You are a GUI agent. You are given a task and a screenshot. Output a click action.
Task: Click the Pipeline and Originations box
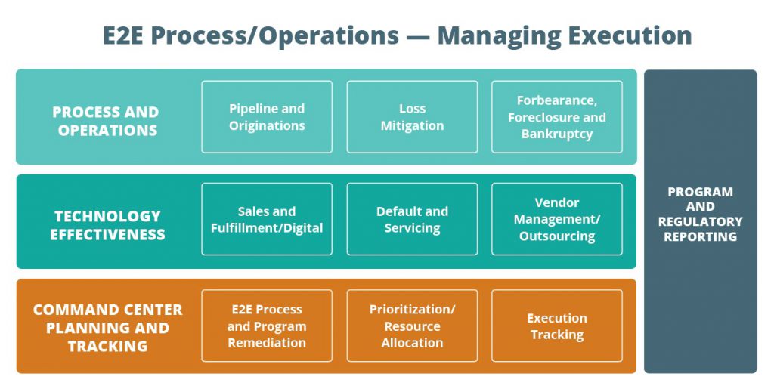267,117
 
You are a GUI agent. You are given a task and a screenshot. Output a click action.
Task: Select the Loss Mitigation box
412,117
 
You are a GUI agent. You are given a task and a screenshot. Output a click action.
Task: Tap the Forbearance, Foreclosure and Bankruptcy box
557,117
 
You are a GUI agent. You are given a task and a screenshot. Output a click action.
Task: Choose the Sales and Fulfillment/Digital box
267,219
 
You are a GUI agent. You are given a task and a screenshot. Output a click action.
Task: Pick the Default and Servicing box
412,219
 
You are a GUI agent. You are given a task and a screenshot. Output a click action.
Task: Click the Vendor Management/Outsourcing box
557,219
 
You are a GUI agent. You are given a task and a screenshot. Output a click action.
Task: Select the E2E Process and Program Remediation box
267,326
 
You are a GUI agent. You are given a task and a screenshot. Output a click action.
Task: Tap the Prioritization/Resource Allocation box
412,326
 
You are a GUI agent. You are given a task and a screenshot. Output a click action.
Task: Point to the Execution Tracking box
557,326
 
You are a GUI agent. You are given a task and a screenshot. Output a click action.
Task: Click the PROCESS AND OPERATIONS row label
106,121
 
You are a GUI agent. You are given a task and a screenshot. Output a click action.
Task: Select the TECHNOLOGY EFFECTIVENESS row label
107,225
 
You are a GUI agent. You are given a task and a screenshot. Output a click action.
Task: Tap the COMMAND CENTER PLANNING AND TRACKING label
107,328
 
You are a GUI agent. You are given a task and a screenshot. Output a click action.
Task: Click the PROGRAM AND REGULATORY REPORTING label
700,214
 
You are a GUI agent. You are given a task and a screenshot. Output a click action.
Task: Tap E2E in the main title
123,35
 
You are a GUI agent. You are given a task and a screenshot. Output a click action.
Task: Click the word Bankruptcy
557,134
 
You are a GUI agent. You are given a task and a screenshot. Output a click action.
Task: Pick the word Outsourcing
557,236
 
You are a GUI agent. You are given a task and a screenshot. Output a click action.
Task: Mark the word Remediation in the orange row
267,343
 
